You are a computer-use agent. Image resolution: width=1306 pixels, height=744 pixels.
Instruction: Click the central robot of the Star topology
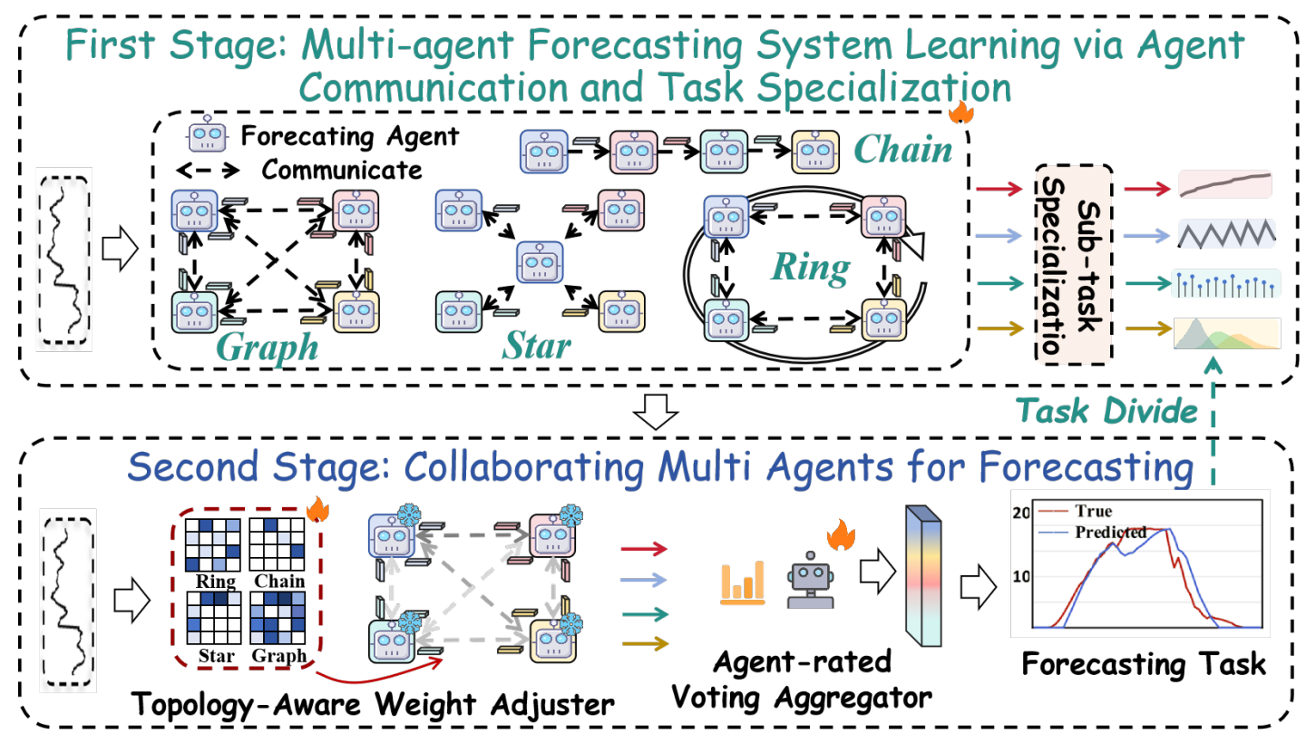coord(539,263)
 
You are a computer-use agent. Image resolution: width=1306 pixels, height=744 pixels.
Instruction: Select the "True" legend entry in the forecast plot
coord(1092,511)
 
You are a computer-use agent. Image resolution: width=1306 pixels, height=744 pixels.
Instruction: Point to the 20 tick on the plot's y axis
coord(1021,512)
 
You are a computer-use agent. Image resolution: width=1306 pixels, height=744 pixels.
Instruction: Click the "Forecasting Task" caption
coord(1144,663)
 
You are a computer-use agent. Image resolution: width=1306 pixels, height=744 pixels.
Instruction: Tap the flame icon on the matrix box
coord(318,510)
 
